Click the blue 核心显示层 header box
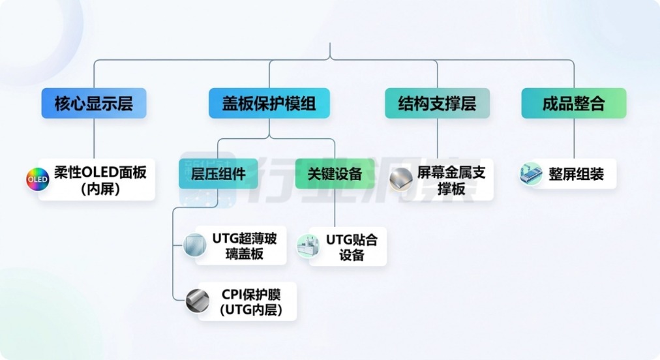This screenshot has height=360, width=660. [94, 103]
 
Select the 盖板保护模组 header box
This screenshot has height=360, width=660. [269, 103]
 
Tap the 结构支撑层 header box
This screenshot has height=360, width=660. [438, 103]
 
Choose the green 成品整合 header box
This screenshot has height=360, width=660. [574, 103]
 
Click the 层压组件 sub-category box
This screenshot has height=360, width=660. [218, 173]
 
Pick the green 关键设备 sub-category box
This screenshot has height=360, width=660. [335, 173]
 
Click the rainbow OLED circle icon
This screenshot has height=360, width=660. [37, 179]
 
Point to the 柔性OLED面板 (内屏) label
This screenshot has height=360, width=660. [100, 180]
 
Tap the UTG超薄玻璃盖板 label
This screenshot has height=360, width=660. [245, 246]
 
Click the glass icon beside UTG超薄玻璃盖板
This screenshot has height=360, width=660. [195, 245]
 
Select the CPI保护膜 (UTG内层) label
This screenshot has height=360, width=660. [251, 302]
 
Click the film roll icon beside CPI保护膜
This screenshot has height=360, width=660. [198, 301]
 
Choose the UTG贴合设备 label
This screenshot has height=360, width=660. [352, 247]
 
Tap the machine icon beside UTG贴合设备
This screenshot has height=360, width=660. [308, 246]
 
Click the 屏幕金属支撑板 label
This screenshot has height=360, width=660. [451, 180]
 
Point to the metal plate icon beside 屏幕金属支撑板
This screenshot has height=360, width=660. [400, 179]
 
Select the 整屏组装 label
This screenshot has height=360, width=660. [577, 174]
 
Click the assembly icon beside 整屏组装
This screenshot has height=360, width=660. [531, 174]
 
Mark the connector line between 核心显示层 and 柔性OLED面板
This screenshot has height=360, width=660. [94, 138]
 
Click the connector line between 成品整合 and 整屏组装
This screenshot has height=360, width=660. [574, 138]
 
